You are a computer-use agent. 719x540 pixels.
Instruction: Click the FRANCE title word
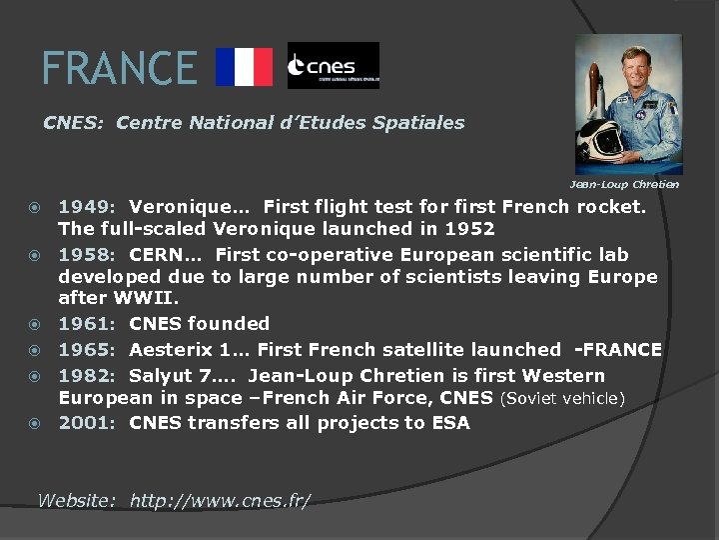pos(119,68)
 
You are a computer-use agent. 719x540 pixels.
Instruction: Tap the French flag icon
pos(245,67)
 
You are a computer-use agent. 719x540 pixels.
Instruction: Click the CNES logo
pos(333,66)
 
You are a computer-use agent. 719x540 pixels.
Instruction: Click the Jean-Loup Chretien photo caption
pos(623,184)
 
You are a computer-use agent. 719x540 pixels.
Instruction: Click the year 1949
pos(85,208)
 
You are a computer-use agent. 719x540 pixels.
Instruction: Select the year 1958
pos(85,254)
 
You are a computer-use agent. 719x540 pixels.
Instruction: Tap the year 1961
pos(85,323)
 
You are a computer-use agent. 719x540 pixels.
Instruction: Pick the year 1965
pos(85,349)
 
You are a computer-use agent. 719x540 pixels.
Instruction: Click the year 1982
pos(85,376)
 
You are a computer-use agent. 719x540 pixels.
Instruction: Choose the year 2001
pos(85,422)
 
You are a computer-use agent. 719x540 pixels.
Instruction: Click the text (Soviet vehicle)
pos(562,399)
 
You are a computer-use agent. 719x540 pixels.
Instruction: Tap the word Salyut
pos(160,376)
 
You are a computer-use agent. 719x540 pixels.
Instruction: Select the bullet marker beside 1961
pos(36,324)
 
